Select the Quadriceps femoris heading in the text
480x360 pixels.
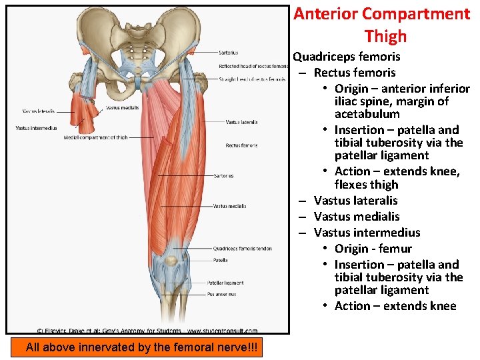coord(347,57)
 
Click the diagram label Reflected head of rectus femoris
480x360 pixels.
coord(253,66)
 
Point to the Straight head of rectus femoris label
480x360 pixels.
coord(252,79)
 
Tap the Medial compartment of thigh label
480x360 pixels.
coord(95,137)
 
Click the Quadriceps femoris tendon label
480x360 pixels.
coord(242,249)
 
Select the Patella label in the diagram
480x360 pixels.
coord(220,260)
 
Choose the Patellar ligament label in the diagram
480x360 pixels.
coord(225,283)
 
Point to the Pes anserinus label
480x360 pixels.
coord(222,294)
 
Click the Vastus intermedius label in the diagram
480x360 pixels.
coord(36,128)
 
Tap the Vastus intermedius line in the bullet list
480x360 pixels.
coord(367,233)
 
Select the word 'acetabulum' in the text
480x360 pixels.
coord(367,114)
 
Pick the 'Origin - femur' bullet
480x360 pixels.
coord(373,249)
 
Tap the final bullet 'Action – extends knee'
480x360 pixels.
coord(395,306)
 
